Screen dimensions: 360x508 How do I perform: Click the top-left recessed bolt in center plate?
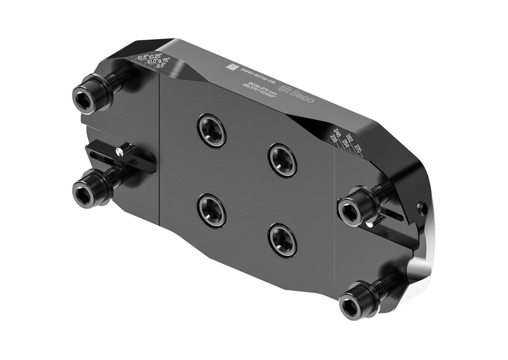coord(212,130)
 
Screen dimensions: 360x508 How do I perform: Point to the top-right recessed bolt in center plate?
coord(283,160)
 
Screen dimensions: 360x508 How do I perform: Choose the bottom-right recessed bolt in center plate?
coord(283,240)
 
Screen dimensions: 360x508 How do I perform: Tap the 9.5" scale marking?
coord(161,65)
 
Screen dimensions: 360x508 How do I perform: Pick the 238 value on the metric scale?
coord(334,141)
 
